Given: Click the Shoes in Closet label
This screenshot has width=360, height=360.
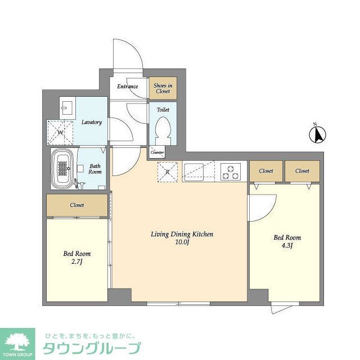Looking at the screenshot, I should tap(163, 88).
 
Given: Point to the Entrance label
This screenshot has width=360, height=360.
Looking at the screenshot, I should tap(127, 87).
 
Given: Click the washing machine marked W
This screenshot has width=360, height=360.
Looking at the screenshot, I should tap(60, 132).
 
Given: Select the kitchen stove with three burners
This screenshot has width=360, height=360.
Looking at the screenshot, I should tap(230, 171).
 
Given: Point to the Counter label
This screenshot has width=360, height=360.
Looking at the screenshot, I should tap(157, 152).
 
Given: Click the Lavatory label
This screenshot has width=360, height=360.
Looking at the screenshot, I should tap(91, 122).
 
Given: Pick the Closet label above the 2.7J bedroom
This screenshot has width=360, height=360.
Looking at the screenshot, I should tap(77, 205).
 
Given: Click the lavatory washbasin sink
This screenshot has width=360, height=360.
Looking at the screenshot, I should tap(67, 107).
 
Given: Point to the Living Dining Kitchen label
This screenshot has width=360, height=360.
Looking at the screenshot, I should tap(182, 234).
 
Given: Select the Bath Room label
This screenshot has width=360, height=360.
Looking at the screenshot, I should tap(95, 169).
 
